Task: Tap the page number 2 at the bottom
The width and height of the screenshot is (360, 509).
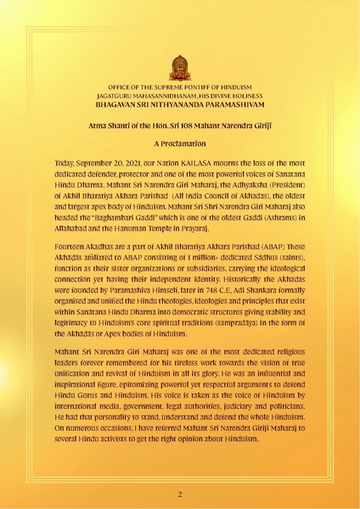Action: pyautogui.click(x=179, y=493)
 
